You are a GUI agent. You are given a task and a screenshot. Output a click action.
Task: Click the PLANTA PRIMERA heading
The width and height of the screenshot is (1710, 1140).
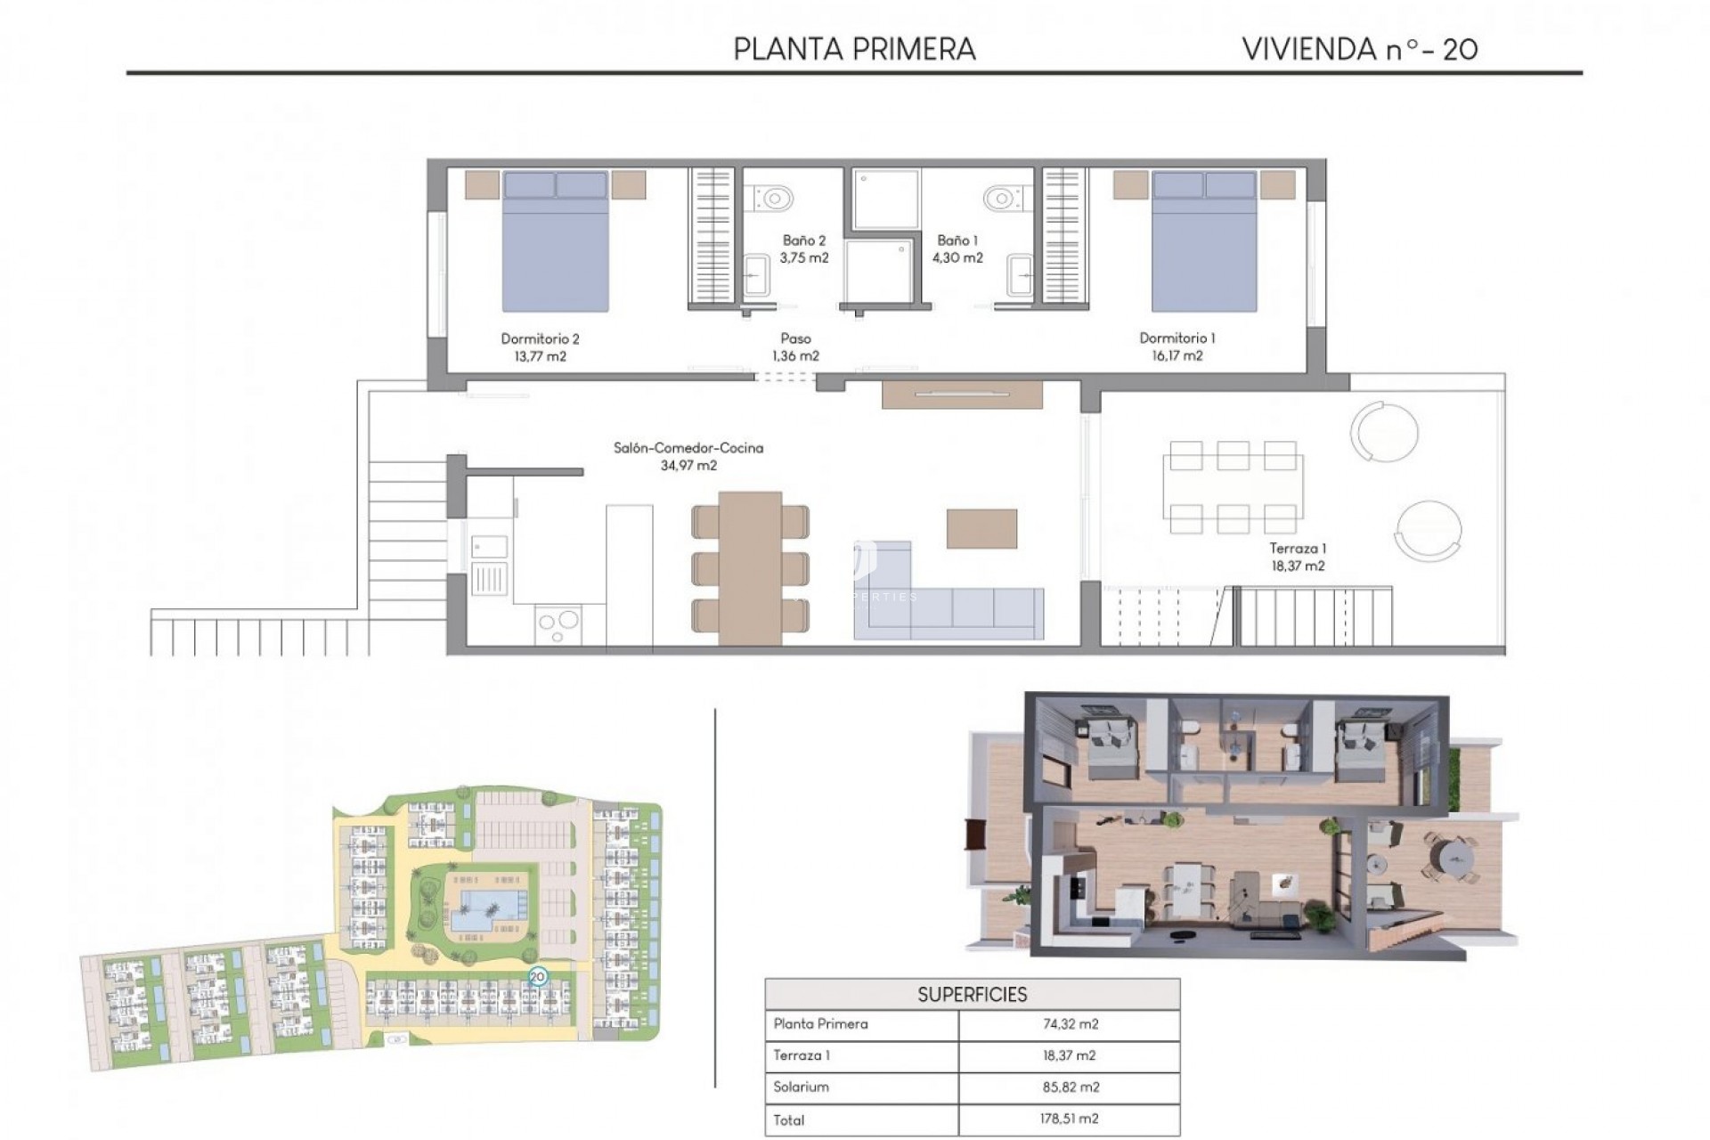[x=854, y=49]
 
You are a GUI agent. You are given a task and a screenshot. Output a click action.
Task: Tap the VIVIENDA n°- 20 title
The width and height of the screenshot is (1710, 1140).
[x=1359, y=49]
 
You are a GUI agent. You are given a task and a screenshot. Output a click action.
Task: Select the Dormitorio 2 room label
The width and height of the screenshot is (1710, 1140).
[x=540, y=339]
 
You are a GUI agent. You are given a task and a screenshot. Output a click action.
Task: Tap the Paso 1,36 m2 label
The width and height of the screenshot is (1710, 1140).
[x=795, y=347]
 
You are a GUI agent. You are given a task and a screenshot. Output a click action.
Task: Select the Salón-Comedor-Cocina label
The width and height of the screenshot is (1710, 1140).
[x=688, y=448]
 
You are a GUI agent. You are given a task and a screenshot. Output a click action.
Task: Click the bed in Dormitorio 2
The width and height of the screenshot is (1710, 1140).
[x=556, y=242]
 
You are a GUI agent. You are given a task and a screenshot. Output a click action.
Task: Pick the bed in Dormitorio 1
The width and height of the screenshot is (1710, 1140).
[x=1204, y=242]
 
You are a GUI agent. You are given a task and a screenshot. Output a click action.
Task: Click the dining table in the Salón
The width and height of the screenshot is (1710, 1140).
[x=750, y=568]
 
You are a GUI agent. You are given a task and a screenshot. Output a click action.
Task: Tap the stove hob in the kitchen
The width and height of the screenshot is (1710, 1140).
[x=558, y=624]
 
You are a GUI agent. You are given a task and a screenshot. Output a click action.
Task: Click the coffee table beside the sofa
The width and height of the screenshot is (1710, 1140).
[x=981, y=529]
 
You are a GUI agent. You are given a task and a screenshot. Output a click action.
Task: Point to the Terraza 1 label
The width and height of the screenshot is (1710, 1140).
[x=1298, y=549]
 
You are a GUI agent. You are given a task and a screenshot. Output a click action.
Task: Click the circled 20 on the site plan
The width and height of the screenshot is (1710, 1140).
[x=537, y=976]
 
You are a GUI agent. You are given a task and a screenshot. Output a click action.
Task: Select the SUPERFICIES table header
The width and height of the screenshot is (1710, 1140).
[x=972, y=995]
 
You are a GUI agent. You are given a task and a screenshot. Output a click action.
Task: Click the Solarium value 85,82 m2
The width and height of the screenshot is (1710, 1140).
[x=1070, y=1087]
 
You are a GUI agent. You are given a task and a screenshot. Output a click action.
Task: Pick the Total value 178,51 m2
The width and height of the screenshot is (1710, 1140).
[x=1070, y=1119]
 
